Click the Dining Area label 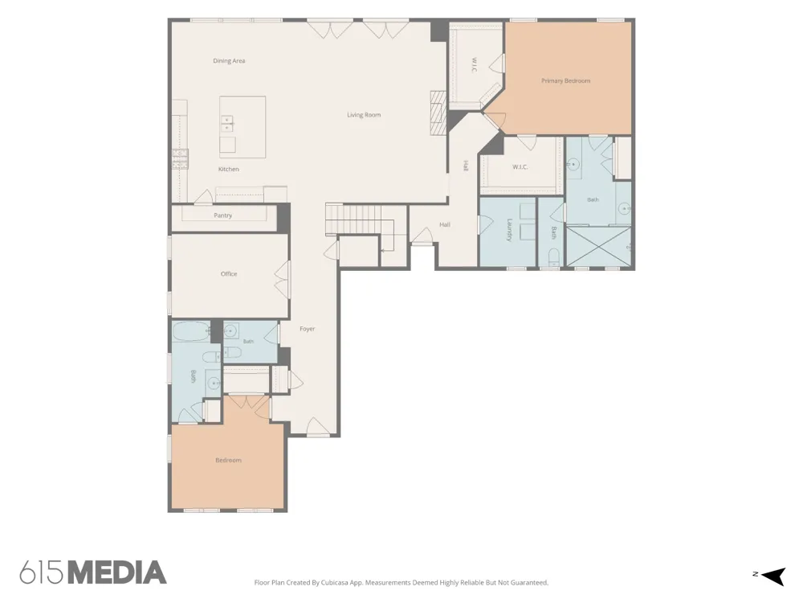click(x=229, y=61)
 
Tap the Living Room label click(x=364, y=115)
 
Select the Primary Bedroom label click(x=566, y=80)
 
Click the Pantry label click(x=222, y=215)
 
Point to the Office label click(x=229, y=274)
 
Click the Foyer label click(x=308, y=329)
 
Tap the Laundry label click(x=509, y=230)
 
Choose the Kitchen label click(x=228, y=169)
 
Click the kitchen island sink click(x=228, y=122)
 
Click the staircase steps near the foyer click(x=354, y=219)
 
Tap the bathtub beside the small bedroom click(x=190, y=332)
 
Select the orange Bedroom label click(x=228, y=461)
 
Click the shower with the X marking click(x=598, y=246)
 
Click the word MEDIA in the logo click(x=117, y=572)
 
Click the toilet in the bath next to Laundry click(x=554, y=256)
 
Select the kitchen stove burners click(x=180, y=159)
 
